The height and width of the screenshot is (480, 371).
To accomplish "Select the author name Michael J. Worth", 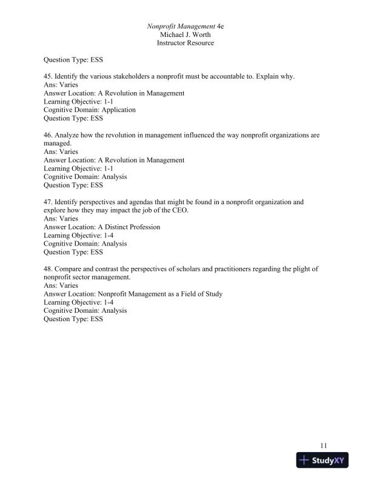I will click(x=185, y=35).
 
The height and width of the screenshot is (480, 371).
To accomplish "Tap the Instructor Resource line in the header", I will click(x=185, y=44).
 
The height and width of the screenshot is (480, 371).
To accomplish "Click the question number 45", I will click(x=48, y=77).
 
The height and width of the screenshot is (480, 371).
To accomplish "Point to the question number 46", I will click(x=48, y=135).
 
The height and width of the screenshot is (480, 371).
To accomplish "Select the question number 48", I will click(x=48, y=268).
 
